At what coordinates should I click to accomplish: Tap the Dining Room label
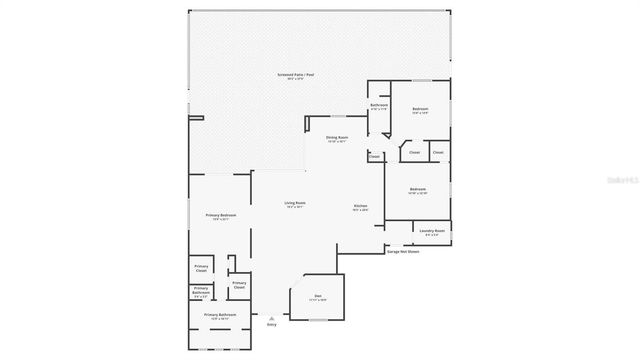337,137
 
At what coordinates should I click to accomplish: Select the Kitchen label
360,206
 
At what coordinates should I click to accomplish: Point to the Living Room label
295,203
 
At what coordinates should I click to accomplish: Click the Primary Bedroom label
221,215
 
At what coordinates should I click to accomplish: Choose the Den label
318,296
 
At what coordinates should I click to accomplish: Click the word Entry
271,324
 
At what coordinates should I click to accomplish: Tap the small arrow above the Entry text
271,315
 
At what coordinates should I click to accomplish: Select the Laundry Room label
432,231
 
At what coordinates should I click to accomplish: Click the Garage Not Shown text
403,252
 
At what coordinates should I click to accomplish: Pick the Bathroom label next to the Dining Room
379,105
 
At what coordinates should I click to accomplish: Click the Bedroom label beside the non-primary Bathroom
420,109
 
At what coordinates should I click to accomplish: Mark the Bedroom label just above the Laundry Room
418,188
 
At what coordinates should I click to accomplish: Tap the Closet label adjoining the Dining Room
374,157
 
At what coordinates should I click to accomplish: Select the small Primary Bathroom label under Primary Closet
201,292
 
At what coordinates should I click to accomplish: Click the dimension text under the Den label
318,300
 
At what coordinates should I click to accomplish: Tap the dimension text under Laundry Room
432,235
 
